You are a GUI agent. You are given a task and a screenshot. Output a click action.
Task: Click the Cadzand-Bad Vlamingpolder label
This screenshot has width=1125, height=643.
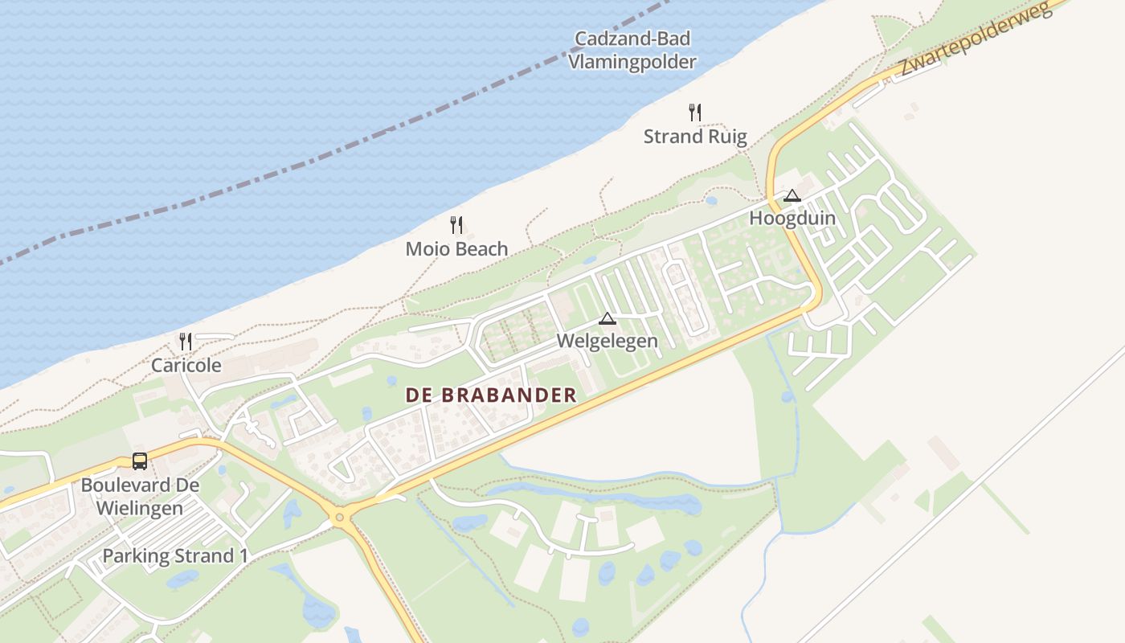632,50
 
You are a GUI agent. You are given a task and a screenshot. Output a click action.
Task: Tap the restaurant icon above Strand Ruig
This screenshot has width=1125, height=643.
695,113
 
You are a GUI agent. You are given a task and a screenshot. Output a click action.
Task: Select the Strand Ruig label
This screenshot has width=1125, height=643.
695,137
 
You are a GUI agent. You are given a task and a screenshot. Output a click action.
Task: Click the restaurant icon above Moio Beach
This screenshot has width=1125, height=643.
456,225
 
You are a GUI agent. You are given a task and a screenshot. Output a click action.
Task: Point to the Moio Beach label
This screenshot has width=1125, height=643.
456,249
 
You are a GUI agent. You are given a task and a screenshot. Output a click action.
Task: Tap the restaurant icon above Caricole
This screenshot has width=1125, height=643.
186,342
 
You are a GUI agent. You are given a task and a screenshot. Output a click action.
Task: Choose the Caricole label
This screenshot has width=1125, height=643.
186,366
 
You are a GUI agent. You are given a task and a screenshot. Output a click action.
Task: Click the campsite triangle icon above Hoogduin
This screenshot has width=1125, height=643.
792,195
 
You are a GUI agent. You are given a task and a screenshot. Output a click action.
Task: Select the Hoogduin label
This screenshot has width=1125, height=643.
792,219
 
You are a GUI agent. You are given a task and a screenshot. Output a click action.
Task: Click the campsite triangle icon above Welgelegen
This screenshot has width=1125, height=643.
607,318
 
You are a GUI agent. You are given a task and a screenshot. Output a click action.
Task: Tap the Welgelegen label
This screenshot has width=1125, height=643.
607,342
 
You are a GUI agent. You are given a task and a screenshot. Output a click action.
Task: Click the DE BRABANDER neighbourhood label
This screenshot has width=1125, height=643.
491,395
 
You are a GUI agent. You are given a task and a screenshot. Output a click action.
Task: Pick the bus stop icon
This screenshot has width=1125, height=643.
140,461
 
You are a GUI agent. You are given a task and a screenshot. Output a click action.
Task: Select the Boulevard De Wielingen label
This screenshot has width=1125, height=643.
140,497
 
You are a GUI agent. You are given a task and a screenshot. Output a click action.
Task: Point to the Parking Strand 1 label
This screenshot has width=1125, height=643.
175,556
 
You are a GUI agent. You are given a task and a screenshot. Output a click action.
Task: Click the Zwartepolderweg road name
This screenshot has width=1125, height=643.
976,40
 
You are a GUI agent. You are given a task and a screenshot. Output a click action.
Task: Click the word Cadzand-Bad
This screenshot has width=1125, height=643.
632,39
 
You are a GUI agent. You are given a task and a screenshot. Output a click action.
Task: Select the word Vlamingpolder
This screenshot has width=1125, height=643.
632,61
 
